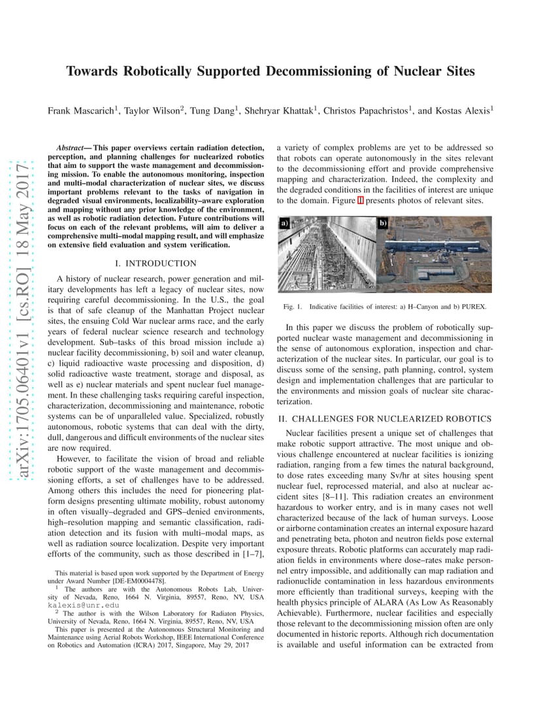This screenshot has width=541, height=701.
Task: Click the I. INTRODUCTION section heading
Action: coord(156,264)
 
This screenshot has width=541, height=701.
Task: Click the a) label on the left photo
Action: coord(284,223)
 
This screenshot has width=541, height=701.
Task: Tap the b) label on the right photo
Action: coord(384,223)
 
